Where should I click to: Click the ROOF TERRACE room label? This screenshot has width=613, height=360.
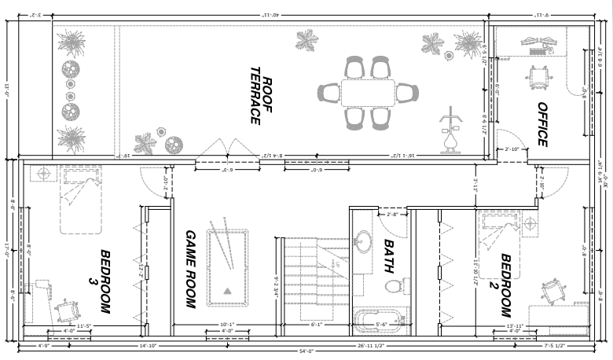(260, 100)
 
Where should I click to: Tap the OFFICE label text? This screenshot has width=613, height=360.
(543, 123)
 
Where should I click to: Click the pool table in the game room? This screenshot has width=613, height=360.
(226, 267)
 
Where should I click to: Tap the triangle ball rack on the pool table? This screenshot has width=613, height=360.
(228, 292)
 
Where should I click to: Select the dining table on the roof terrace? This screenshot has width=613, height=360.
(367, 93)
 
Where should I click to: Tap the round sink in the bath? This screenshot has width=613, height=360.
(362, 240)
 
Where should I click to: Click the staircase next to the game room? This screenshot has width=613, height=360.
(313, 275)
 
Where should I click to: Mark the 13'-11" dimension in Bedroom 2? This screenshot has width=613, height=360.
(515, 325)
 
